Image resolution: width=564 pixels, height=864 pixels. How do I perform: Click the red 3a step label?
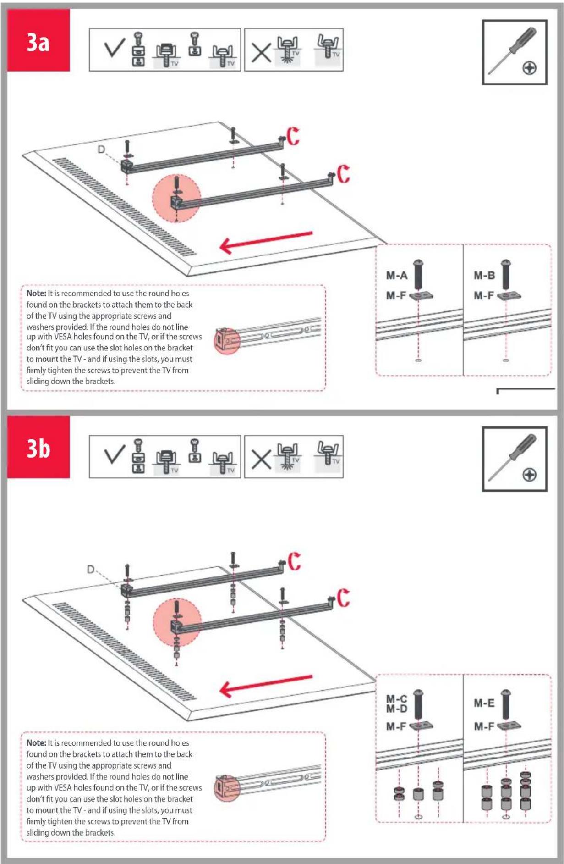(38, 40)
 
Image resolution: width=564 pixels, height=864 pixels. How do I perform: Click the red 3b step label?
(38, 447)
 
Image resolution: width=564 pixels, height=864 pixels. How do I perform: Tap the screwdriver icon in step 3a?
(512, 50)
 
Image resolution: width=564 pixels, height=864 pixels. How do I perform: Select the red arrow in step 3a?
(266, 242)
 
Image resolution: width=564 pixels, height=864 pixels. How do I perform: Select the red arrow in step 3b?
(266, 686)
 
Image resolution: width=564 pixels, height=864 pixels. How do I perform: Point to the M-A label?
(396, 276)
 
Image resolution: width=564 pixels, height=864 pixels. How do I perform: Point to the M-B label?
(484, 276)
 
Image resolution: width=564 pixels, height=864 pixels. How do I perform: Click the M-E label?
(484, 703)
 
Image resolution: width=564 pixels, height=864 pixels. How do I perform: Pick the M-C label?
(396, 699)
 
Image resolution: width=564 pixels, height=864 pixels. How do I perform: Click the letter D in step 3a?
(101, 150)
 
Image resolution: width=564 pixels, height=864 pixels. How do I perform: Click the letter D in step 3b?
(91, 570)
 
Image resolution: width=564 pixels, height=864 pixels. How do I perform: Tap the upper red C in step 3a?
(293, 136)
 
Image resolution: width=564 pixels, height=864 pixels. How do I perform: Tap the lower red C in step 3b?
(344, 598)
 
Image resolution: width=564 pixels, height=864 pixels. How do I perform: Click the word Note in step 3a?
(36, 294)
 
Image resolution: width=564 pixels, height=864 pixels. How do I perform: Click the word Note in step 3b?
(36, 743)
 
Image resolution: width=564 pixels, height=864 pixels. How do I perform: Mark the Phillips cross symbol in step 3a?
(530, 68)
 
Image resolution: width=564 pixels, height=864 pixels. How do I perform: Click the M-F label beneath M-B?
(484, 296)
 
